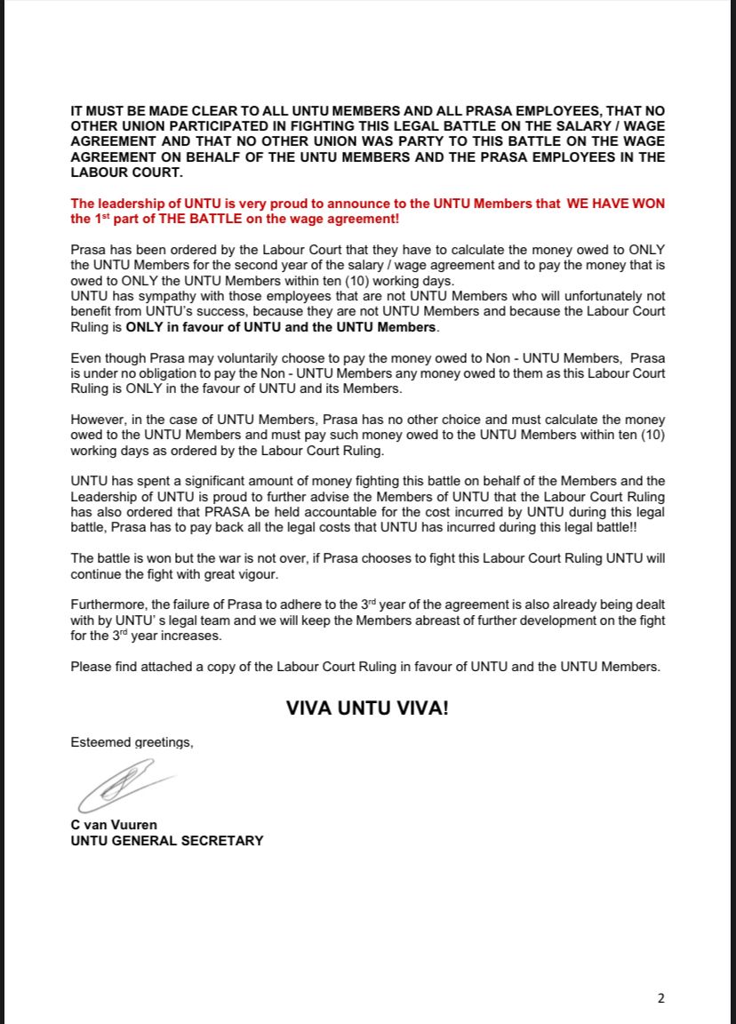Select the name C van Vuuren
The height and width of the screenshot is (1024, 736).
[114, 824]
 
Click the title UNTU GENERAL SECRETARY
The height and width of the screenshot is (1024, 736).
[167, 840]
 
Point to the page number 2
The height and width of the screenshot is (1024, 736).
[660, 998]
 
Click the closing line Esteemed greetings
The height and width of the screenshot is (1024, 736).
[132, 742]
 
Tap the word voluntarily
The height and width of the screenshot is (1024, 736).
[224, 357]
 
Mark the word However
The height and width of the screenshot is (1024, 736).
[99, 420]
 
